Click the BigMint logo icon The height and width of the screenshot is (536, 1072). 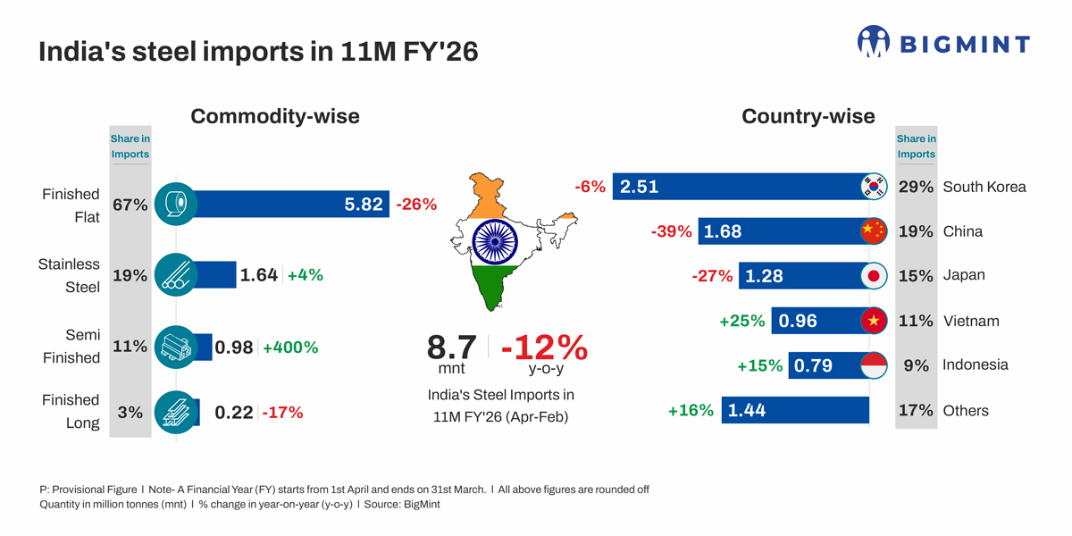[874, 42]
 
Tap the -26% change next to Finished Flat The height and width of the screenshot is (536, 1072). [416, 205]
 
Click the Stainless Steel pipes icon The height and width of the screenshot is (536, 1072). [176, 275]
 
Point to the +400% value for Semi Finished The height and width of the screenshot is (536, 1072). [291, 348]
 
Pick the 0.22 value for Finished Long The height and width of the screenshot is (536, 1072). [234, 413]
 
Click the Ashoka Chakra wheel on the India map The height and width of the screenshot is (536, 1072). [495, 240]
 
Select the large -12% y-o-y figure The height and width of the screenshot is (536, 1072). [544, 347]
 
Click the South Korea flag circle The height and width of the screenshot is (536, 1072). [873, 187]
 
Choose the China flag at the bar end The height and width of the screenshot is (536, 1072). [873, 231]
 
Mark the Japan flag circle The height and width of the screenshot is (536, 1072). [873, 276]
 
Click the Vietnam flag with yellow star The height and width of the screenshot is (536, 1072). [873, 321]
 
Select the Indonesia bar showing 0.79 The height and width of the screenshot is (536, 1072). [826, 365]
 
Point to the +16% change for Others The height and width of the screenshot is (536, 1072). [691, 410]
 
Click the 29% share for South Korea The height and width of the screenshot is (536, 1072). [916, 187]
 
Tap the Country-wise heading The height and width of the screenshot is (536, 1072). [808, 116]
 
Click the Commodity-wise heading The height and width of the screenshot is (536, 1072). [275, 116]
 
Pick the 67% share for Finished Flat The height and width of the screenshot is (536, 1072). [130, 205]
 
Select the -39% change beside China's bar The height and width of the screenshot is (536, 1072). [672, 231]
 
